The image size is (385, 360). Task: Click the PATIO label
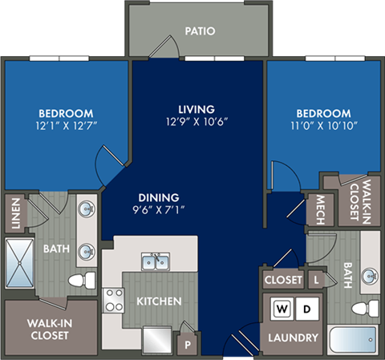[x=199, y=32]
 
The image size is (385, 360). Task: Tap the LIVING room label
[x=197, y=108]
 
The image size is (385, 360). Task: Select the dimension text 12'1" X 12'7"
[x=65, y=127]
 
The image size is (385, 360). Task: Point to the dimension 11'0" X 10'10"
[x=324, y=127]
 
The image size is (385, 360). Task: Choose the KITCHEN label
[x=159, y=301]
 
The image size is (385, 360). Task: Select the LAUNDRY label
[x=294, y=338]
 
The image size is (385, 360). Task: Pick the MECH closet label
[x=319, y=209]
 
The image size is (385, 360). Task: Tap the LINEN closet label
[x=15, y=214]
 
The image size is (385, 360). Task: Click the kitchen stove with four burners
[x=114, y=300]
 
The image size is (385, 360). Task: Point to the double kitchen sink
[x=154, y=262]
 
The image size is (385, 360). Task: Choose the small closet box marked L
[x=318, y=279]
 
